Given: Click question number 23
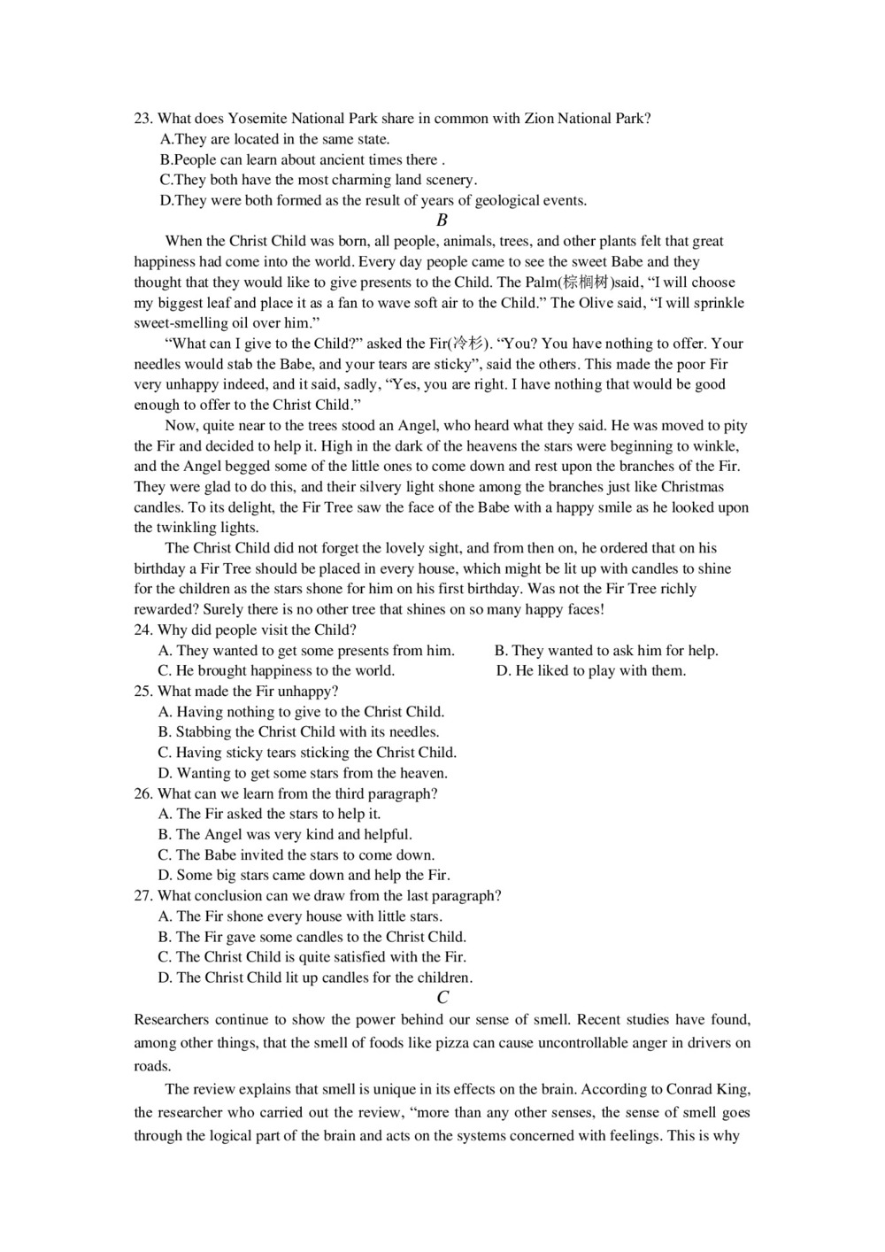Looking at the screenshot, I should [143, 119].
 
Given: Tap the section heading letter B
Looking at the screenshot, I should [442, 220].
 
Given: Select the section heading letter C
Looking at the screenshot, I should [442, 998].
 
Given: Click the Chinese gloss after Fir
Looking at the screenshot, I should [468, 344].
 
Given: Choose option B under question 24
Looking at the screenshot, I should [606, 651].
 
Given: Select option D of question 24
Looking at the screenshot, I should [591, 671].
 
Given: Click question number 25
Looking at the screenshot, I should [143, 692].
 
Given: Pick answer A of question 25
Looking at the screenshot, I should [301, 712].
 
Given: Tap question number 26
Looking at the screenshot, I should [143, 794].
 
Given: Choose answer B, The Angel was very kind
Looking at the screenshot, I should [285, 835].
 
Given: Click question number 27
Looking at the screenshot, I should [143, 896].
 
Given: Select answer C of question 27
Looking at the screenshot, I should [312, 957].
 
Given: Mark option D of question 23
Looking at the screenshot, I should [373, 201].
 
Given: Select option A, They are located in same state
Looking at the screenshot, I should [274, 140].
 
